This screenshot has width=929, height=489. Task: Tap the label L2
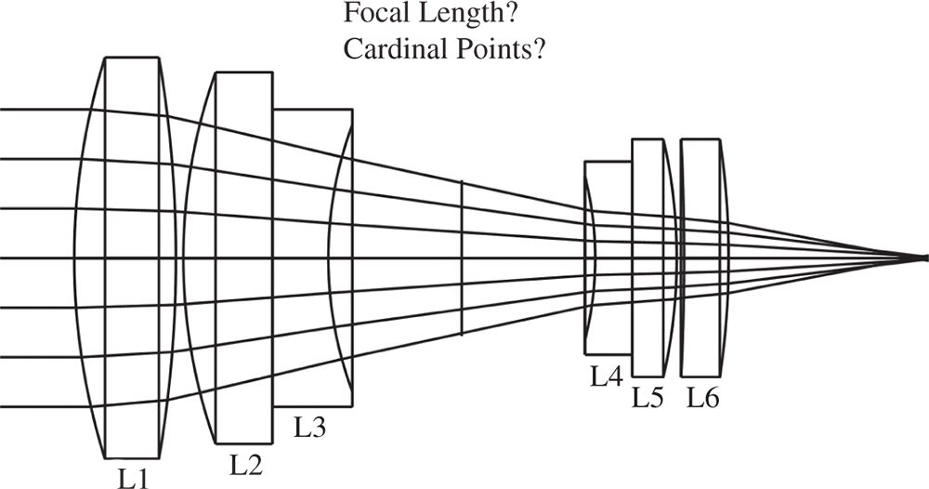pyautogui.click(x=244, y=463)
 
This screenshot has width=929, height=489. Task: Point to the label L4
pyautogui.click(x=606, y=377)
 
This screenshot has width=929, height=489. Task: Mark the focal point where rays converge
pyautogui.click(x=922, y=258)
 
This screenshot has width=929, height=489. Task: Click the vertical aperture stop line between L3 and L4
pyautogui.click(x=462, y=258)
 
